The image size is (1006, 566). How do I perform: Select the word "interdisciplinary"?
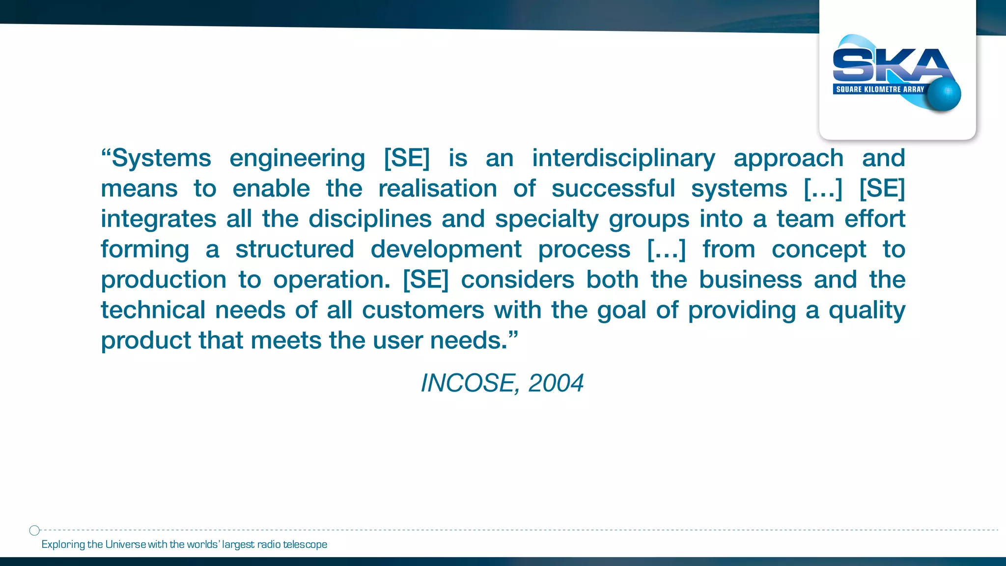[624, 158]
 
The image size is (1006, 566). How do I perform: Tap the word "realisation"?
[438, 189]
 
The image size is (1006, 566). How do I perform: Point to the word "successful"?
[613, 189]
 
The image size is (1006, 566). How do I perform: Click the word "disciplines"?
[370, 219]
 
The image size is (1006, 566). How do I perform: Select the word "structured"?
[295, 250]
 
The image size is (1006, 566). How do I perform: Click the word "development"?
[446, 250]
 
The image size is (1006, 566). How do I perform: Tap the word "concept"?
[819, 250]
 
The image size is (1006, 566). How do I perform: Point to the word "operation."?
[332, 280]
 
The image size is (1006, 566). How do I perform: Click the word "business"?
[750, 280]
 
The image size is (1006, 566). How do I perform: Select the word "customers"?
[423, 311]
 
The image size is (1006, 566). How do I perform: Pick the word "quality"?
[867, 311]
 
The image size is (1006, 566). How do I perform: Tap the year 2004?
[556, 383]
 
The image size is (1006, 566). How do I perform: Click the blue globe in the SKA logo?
[944, 94]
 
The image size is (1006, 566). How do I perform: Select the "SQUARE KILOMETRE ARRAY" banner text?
[880, 89]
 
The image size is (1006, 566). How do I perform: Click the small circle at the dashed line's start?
[34, 530]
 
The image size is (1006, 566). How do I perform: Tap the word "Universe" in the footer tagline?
[126, 544]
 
